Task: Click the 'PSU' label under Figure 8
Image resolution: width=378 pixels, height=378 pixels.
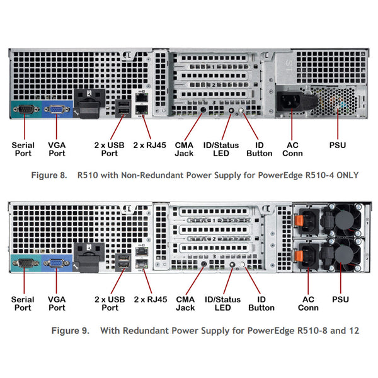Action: pyautogui.click(x=338, y=145)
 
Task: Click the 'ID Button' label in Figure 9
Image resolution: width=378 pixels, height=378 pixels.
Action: pyautogui.click(x=261, y=304)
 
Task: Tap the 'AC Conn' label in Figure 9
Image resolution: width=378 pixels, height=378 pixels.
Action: pyautogui.click(x=308, y=304)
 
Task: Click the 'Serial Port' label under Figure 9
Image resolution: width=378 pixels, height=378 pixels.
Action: pyautogui.click(x=23, y=304)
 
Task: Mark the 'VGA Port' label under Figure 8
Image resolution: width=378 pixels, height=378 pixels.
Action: pyautogui.click(x=57, y=149)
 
